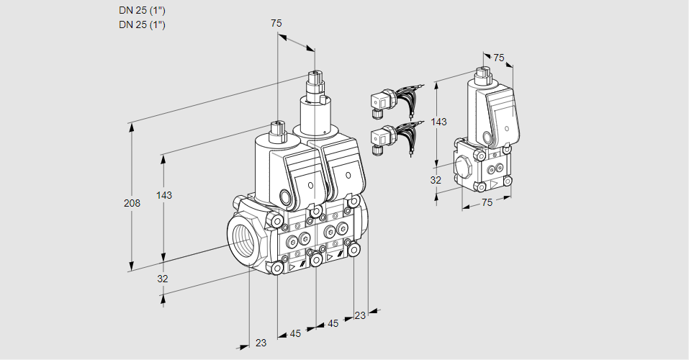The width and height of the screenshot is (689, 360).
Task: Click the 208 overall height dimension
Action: click(x=132, y=204)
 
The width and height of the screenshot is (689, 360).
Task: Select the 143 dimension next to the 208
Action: click(x=165, y=195)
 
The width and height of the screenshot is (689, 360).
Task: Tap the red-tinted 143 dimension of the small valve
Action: click(x=438, y=122)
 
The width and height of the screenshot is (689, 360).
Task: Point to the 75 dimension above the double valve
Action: click(x=276, y=23)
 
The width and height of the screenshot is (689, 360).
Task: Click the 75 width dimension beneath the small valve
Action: click(x=487, y=203)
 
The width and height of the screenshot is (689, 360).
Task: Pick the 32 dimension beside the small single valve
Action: click(x=436, y=180)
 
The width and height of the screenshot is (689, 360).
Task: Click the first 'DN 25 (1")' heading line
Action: click(x=142, y=11)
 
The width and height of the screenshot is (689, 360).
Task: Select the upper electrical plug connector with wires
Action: click(x=379, y=102)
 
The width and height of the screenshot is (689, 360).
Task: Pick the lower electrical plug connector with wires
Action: click(x=379, y=138)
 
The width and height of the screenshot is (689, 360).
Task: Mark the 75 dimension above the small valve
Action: click(x=499, y=58)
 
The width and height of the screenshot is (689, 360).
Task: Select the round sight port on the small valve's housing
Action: click(x=487, y=138)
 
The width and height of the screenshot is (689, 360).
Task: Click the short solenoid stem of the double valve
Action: click(x=277, y=132)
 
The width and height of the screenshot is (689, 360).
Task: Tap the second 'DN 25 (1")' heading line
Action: click(x=142, y=25)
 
